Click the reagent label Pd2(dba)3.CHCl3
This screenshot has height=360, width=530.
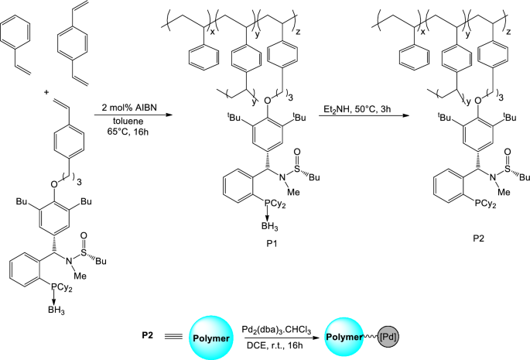click(x=282, y=326)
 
